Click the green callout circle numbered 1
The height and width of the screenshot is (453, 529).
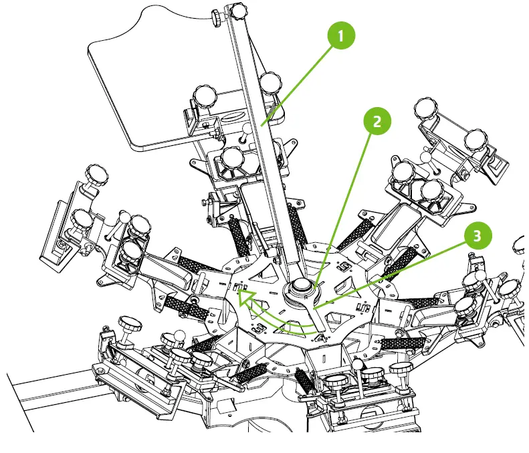pos(341,36)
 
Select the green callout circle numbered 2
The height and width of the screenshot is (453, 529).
pos(377,122)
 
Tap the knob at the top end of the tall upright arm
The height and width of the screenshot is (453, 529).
pos(238,11)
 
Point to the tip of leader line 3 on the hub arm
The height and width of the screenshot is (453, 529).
pos(317,307)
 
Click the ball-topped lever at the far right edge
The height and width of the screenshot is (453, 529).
pos(520,246)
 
